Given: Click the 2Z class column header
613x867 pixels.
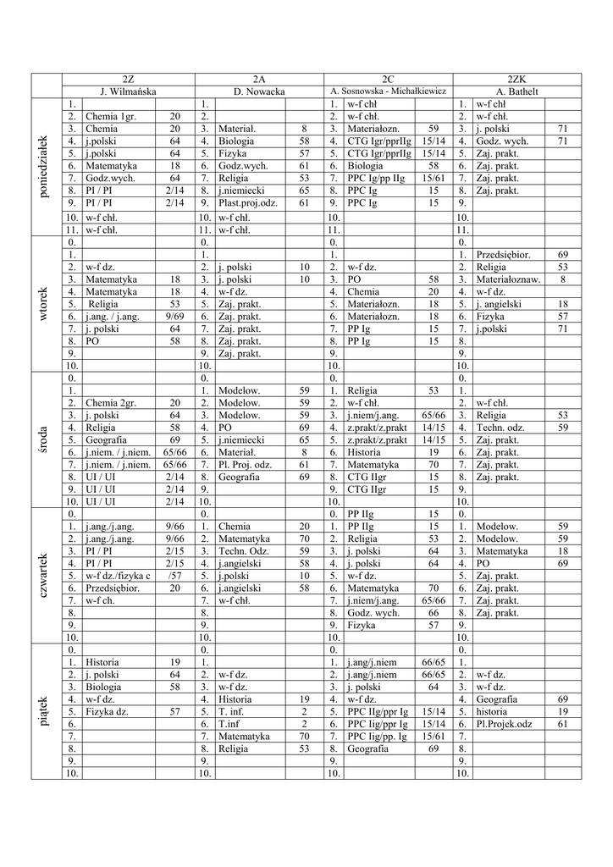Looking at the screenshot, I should pyautogui.click(x=128, y=79).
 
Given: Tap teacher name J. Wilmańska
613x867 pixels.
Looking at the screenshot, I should pyautogui.click(x=128, y=91).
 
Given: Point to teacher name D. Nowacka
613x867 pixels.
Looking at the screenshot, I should pyautogui.click(x=259, y=91).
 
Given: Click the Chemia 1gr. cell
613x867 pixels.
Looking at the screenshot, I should pyautogui.click(x=110, y=116).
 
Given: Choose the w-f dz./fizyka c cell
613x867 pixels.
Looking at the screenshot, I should pyautogui.click(x=118, y=576).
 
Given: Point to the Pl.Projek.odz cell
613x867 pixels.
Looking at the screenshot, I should pyautogui.click(x=504, y=724).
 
